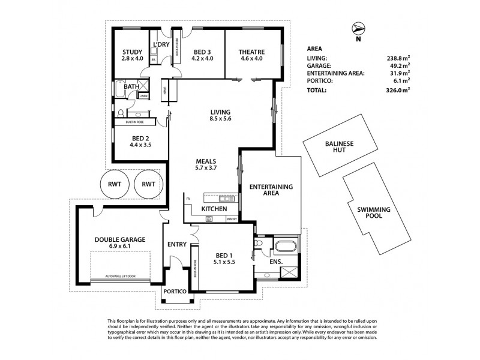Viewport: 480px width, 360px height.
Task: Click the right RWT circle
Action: tap(148, 185)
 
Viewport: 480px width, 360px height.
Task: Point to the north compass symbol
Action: tap(358, 28)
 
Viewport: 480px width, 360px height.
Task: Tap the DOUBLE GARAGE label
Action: tap(119, 239)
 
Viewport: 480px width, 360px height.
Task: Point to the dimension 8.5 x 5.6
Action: tap(220, 119)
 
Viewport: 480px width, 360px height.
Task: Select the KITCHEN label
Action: tap(214, 208)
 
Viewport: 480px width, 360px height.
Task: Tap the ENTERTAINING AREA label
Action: tap(270, 191)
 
